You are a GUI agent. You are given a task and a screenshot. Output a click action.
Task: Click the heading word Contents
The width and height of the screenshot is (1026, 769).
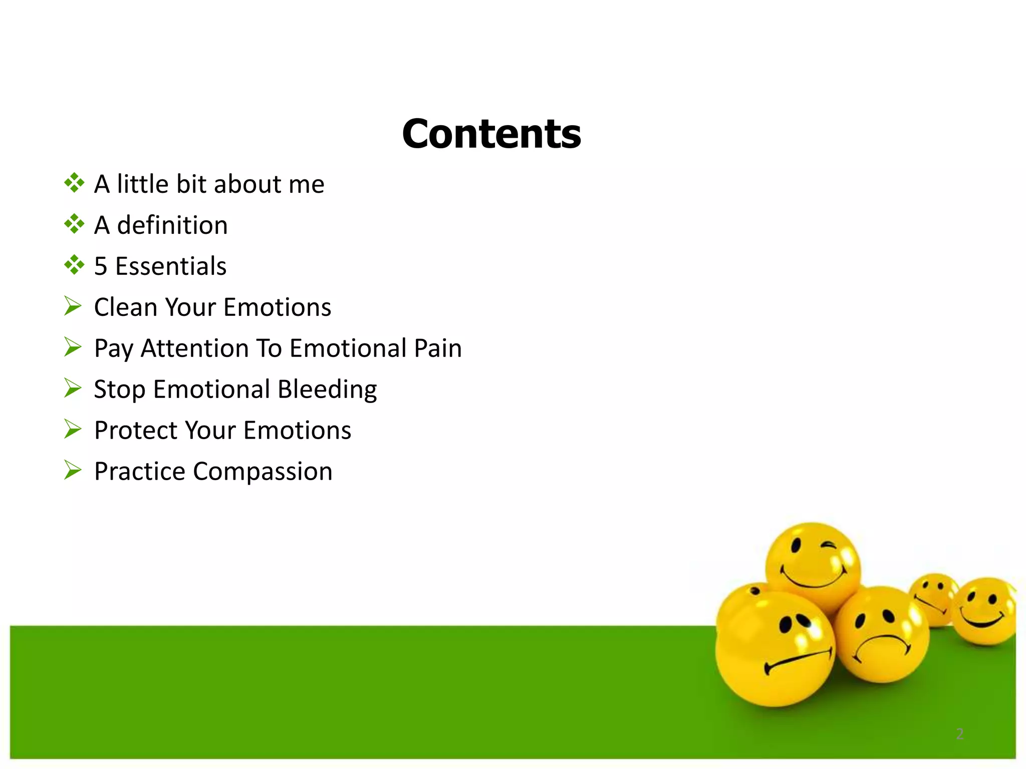[x=491, y=134]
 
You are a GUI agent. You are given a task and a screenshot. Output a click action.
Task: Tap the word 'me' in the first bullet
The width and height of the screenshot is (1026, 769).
[x=306, y=184]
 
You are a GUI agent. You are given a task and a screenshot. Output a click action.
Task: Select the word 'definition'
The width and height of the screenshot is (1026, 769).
[x=172, y=225]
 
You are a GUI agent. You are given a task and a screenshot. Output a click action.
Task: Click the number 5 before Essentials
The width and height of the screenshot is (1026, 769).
[x=101, y=266]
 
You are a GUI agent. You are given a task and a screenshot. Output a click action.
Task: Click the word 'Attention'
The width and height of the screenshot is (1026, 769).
[x=194, y=348]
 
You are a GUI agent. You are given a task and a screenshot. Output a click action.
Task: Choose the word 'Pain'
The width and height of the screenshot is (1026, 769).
[x=437, y=348]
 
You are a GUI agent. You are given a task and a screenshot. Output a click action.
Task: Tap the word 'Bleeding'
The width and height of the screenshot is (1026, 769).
[x=327, y=390]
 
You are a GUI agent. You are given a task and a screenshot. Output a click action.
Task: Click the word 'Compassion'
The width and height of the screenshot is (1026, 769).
[x=263, y=471]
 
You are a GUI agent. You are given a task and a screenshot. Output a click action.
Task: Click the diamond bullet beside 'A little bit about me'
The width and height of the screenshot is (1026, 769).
[x=74, y=183]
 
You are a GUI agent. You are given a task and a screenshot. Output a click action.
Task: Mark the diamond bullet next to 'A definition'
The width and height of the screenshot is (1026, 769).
[x=74, y=224]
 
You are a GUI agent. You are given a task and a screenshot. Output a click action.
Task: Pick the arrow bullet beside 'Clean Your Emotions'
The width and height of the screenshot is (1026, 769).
[x=73, y=306]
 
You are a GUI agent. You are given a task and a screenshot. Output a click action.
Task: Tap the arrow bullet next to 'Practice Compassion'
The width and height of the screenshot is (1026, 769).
[x=73, y=470]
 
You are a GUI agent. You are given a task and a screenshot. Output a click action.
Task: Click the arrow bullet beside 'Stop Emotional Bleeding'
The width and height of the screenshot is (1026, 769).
[x=73, y=388]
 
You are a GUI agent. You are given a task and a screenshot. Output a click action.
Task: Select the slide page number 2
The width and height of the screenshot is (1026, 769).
[x=959, y=734]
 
